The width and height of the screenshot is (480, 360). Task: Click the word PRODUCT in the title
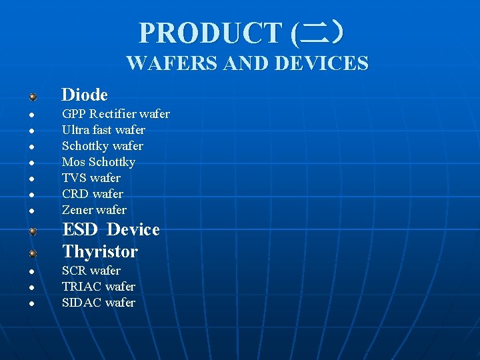(210, 33)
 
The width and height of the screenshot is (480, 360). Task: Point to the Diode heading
(85, 95)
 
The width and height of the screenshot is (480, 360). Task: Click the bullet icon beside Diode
(32, 97)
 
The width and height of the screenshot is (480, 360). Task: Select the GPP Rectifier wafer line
(115, 114)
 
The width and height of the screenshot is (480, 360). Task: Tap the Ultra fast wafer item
(103, 130)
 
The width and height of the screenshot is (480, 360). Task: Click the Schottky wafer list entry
(102, 146)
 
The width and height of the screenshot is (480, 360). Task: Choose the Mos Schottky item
(98, 162)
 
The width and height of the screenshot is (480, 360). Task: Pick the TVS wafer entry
(91, 178)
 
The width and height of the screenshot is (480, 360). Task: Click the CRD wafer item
(92, 194)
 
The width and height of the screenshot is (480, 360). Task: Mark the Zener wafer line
(94, 210)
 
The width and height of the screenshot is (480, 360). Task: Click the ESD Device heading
(111, 230)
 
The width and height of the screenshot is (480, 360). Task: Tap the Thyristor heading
(100, 252)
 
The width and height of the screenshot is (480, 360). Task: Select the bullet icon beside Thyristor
(32, 254)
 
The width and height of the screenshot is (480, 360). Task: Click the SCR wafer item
(91, 271)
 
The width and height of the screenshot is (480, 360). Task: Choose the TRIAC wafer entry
(98, 287)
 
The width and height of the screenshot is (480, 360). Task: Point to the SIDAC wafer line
(98, 303)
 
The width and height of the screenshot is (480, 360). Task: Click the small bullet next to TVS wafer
(31, 179)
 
